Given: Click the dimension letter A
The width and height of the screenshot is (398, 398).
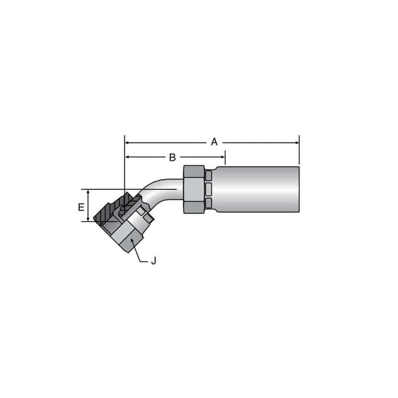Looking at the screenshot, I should [x=214, y=142].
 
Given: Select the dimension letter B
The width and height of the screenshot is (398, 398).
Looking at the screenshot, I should [x=172, y=157].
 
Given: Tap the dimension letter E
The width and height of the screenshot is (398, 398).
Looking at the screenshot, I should [x=81, y=207].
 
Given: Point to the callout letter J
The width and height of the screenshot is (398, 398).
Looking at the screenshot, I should [x=153, y=261].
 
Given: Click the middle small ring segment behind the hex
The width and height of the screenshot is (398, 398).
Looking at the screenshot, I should [x=209, y=188].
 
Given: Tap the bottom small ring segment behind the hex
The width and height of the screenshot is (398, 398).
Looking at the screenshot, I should [x=209, y=203].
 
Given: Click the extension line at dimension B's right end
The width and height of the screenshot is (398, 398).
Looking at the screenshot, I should [x=225, y=157].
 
